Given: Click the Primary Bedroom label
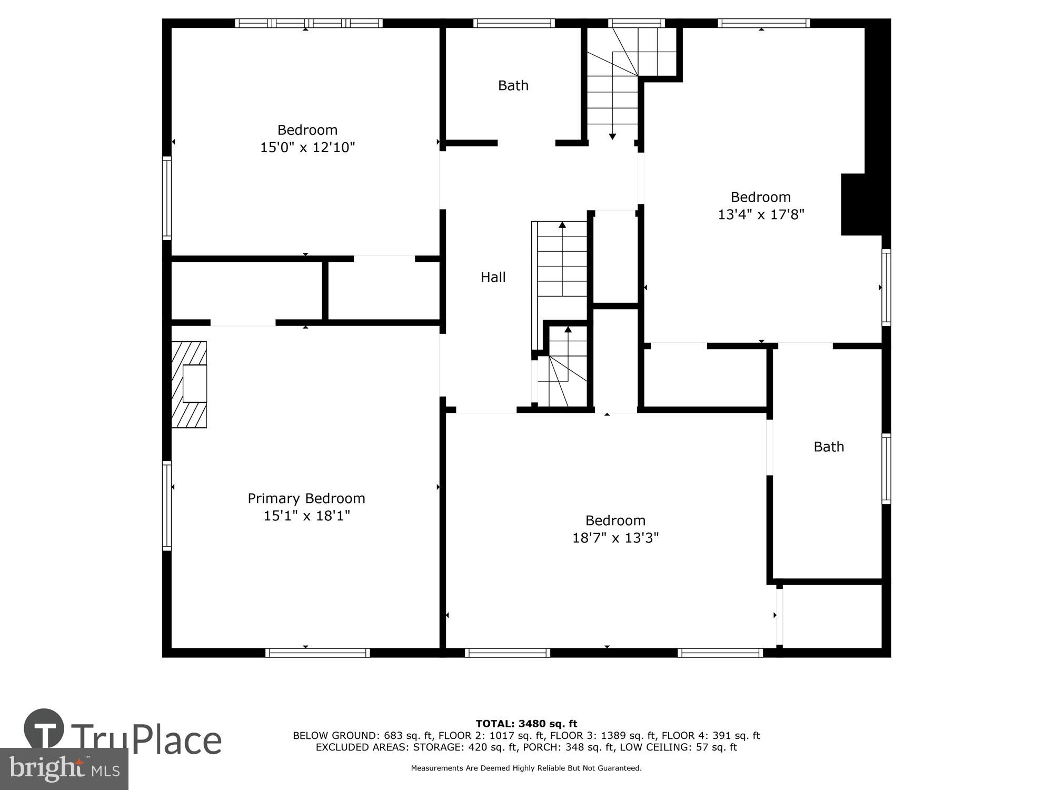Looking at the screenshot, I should pos(306,498).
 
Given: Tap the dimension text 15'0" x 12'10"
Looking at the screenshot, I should pos(307,147).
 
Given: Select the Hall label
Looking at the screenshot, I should pos(493,277).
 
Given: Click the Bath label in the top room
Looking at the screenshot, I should pos(513,85).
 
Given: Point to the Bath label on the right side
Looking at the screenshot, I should pos(829,447).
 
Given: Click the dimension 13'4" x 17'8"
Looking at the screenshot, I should pos(761,214).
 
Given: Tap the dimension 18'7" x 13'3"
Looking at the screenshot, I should pos(615,538).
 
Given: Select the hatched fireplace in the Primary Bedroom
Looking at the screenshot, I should pos(189,384).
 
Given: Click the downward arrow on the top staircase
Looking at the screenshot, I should pos(612,136).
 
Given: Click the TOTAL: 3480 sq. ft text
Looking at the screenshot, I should pos(526,724).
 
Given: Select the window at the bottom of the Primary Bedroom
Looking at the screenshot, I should pos(317,653).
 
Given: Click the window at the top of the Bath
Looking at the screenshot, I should pos(514,23).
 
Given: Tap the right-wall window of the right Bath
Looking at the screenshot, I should pos(886,469).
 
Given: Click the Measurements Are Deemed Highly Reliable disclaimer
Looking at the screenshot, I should pos(526,768).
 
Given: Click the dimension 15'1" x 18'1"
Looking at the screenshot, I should pos(306,516).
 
